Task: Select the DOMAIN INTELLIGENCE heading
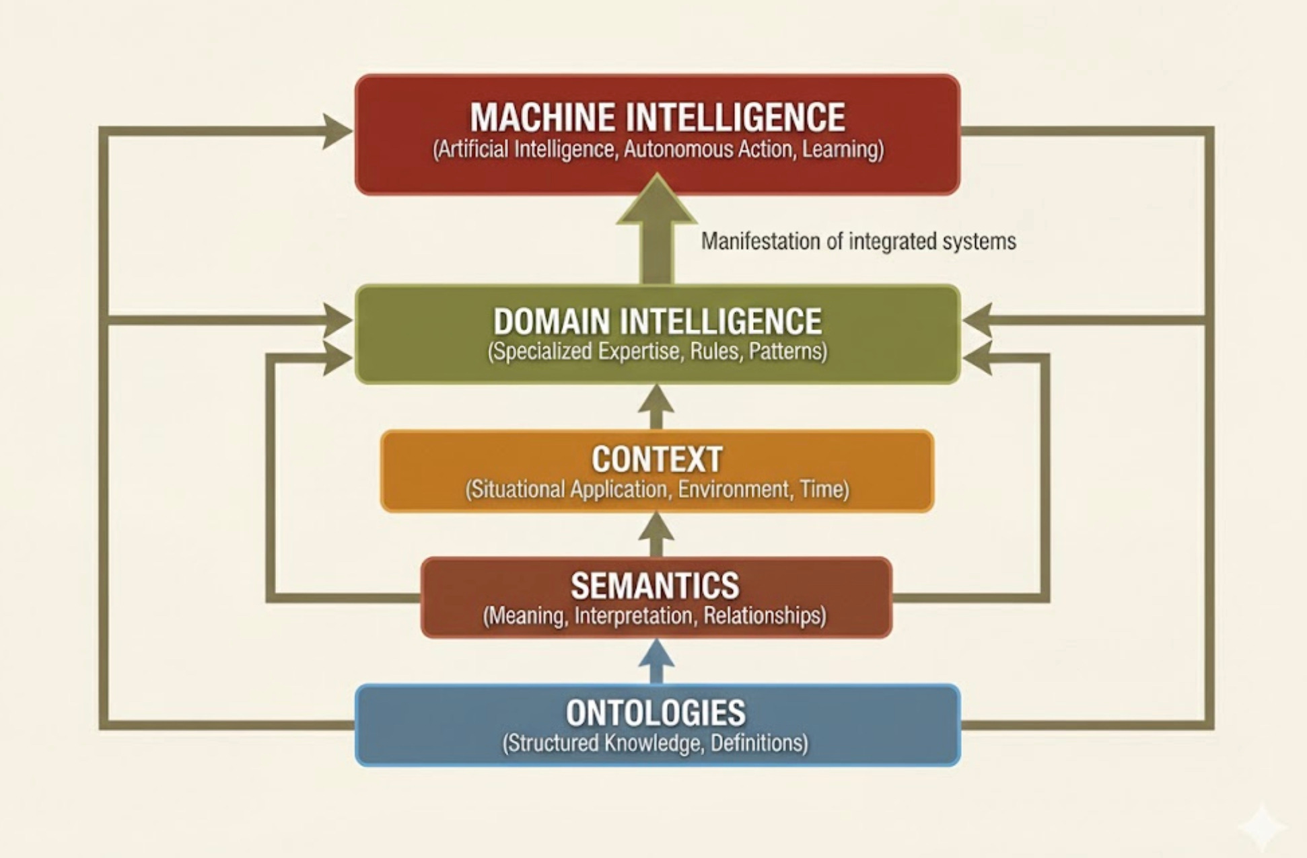(657, 321)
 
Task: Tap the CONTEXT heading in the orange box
(657, 460)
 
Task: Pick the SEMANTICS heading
(655, 586)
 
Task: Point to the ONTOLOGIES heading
(656, 713)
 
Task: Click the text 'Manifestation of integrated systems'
(858, 241)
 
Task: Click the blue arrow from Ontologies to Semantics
(657, 662)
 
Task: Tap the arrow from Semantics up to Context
(657, 535)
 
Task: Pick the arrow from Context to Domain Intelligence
(657, 407)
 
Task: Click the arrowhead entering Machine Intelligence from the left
(336, 130)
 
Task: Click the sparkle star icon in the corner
(1263, 826)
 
